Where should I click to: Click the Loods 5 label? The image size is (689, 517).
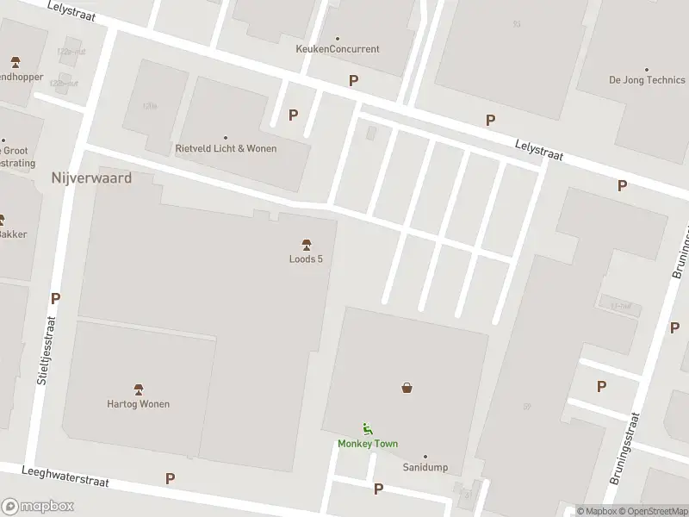click(306, 259)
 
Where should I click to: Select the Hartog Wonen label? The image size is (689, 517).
click(138, 404)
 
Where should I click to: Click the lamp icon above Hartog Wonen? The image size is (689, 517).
click(138, 389)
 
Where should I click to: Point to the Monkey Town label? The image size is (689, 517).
click(367, 444)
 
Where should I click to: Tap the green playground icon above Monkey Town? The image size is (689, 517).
click(367, 428)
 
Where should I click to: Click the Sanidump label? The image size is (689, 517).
click(425, 467)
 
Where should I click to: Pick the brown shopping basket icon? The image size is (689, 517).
click(407, 388)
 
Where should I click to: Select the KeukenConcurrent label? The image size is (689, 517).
click(337, 49)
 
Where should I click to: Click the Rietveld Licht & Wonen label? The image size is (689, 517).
click(226, 148)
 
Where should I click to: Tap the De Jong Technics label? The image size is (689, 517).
click(647, 80)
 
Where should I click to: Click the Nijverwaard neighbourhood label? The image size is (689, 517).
click(90, 178)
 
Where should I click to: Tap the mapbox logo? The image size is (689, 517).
click(38, 507)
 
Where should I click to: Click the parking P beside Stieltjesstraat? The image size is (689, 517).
click(56, 299)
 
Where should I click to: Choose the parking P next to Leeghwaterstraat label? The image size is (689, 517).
click(171, 478)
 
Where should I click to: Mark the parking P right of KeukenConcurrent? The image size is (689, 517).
click(353, 80)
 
